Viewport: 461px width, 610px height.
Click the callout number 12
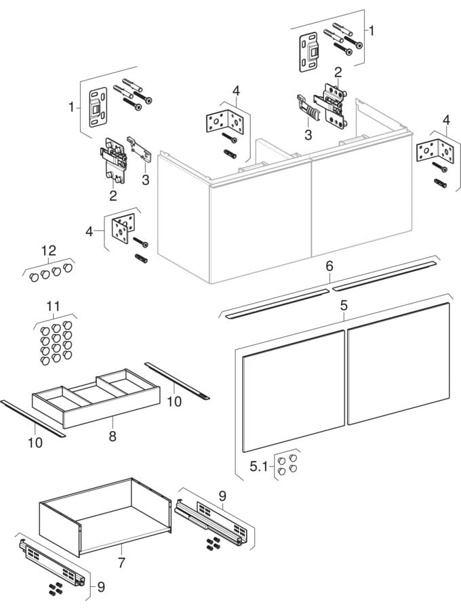click(x=48, y=250)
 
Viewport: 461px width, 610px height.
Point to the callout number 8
click(x=112, y=436)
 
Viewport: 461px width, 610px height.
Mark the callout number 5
click(x=344, y=306)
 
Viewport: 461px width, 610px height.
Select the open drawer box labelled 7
click(x=102, y=518)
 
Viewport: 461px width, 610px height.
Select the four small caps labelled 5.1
click(x=287, y=464)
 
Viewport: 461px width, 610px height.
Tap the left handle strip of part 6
click(x=277, y=304)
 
